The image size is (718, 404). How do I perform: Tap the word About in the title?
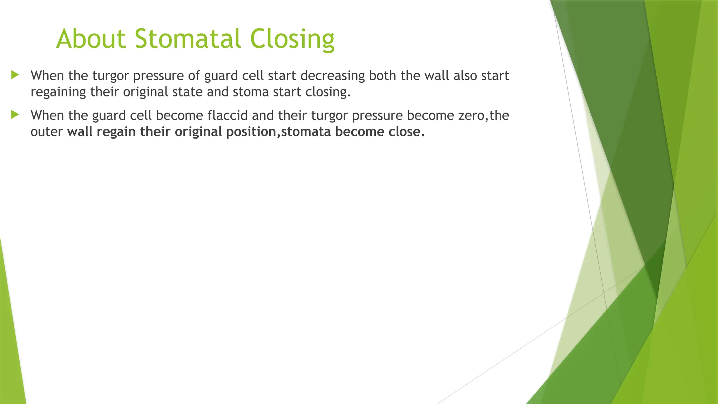pyautogui.click(x=91, y=38)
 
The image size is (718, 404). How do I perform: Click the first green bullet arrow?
pyautogui.click(x=14, y=74)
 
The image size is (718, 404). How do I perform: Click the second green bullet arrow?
pyautogui.click(x=14, y=114)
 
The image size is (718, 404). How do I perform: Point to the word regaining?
pyautogui.click(x=58, y=93)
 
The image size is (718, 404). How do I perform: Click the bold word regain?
pyautogui.click(x=116, y=132)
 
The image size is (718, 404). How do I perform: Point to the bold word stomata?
pyautogui.click(x=306, y=132)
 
